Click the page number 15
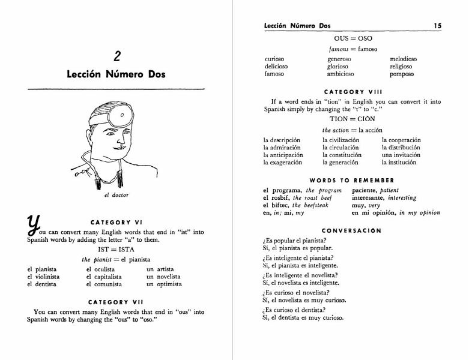(x=438, y=26)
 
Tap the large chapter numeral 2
(x=117, y=56)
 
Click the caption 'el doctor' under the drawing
(x=116, y=195)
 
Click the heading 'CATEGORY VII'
(x=116, y=302)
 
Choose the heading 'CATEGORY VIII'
(x=353, y=92)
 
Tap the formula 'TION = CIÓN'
(x=353, y=119)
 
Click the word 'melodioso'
(x=403, y=59)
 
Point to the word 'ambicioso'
(x=340, y=74)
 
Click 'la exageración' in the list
(x=283, y=163)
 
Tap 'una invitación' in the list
(x=401, y=155)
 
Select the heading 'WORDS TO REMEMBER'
(x=353, y=180)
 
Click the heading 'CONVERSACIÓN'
(x=353, y=230)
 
